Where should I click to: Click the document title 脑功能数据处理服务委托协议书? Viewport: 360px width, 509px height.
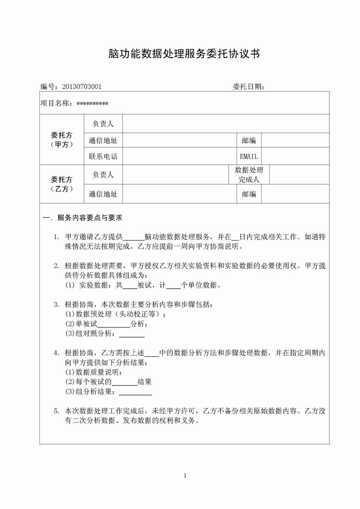184,54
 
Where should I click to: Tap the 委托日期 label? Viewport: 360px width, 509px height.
248,86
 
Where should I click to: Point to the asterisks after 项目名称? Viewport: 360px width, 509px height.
92,103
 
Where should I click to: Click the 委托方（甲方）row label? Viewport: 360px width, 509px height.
62,139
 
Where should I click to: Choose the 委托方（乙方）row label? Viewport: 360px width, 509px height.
62,184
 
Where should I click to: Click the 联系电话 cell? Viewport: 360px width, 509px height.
103,156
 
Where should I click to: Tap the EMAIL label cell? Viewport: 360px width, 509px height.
249,156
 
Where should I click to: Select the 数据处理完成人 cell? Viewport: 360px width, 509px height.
249,175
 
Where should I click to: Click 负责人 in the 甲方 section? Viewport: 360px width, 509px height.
103,124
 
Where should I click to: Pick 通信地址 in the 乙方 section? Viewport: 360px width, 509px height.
103,194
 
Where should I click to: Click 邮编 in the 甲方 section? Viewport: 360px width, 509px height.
249,140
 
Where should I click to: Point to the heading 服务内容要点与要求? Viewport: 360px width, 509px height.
89,218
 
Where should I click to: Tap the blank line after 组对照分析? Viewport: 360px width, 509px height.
132,335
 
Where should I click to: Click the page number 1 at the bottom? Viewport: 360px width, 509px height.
184,475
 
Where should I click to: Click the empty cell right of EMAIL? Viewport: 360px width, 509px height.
295,156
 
